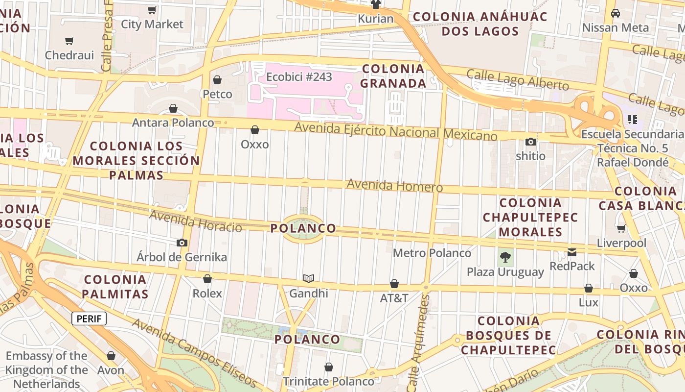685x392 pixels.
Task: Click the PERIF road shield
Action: [89, 319]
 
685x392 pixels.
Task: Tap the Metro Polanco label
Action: [432, 253]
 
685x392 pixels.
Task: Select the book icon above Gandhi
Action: [308, 279]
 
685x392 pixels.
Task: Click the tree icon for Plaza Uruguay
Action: [505, 257]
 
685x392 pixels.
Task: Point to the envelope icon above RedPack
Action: [571, 252]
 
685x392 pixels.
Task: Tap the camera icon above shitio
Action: [531, 142]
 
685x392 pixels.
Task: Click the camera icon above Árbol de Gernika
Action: [182, 243]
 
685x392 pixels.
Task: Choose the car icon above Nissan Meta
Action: [616, 13]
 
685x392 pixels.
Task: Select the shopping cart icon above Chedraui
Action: [69, 41]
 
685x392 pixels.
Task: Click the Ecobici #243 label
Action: [299, 77]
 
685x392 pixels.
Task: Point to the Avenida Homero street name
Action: [394, 186]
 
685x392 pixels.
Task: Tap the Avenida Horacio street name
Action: [195, 221]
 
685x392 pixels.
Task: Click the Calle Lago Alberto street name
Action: [518, 80]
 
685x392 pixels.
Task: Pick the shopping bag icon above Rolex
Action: [207, 279]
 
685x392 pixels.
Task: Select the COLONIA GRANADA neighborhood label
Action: [393, 76]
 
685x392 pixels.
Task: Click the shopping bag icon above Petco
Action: [217, 80]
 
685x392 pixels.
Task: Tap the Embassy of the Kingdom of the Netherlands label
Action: [46, 370]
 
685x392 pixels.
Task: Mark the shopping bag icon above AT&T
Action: [394, 284]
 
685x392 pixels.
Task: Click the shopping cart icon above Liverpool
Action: [621, 228]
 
